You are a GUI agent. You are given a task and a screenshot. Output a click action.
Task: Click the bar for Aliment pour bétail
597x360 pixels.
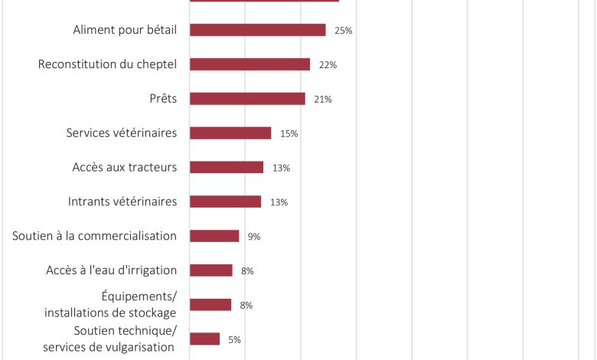pyautogui.click(x=257, y=30)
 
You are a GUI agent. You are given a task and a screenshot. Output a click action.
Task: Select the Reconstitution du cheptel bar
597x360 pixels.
pyautogui.click(x=250, y=64)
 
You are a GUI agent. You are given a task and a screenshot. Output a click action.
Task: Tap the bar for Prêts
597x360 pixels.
pyautogui.click(x=247, y=99)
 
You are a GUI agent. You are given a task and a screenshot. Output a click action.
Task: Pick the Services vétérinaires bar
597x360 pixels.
pyautogui.click(x=230, y=133)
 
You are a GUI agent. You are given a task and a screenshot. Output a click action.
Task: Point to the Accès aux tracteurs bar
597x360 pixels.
pyautogui.click(x=227, y=167)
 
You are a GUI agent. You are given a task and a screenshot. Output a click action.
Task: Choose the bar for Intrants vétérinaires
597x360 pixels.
pyautogui.click(x=225, y=201)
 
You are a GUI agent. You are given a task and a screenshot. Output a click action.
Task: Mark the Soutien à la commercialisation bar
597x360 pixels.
pyautogui.click(x=214, y=236)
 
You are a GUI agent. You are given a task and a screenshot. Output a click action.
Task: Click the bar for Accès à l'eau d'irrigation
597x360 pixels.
pyautogui.click(x=210, y=270)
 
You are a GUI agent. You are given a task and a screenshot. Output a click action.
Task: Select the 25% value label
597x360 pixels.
pyautogui.click(x=343, y=31)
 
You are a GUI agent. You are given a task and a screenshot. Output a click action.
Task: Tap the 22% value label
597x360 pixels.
pyautogui.click(x=328, y=65)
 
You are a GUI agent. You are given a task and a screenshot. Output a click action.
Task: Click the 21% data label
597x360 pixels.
pyautogui.click(x=322, y=100)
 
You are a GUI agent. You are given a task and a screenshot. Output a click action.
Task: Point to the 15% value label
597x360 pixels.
pyautogui.click(x=289, y=134)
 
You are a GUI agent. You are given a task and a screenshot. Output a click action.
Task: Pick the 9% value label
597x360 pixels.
pyautogui.click(x=254, y=237)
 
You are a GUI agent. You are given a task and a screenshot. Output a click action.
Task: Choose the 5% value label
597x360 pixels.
pyautogui.click(x=234, y=339)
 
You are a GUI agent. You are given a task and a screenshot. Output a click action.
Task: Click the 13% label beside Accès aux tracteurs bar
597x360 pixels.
pyautogui.click(x=281, y=169)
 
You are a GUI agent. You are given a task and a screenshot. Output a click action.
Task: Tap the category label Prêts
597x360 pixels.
pyautogui.click(x=163, y=99)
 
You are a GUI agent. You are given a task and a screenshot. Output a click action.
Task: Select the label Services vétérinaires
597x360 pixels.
pyautogui.click(x=122, y=133)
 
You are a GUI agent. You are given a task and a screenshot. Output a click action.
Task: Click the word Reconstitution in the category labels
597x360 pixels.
pyautogui.click(x=77, y=64)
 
